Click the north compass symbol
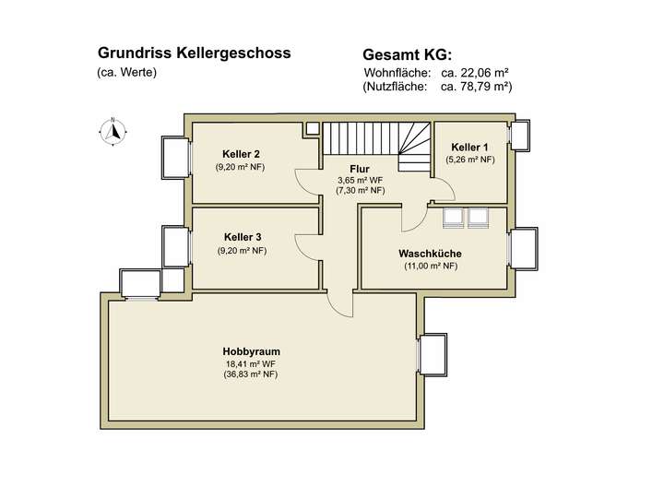point(113,132)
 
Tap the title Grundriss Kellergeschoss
point(194,53)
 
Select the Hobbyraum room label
point(251,351)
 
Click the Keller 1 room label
point(470,148)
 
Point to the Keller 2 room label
point(241,154)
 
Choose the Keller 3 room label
point(242,237)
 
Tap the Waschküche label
point(430,254)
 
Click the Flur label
point(360,168)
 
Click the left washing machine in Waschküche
point(454,217)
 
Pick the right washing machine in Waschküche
point(480,217)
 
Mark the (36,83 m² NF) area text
point(251,374)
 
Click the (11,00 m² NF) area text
point(430,267)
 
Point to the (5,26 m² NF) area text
point(470,160)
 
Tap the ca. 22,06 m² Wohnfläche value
point(476,72)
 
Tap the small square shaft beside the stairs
point(313,127)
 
